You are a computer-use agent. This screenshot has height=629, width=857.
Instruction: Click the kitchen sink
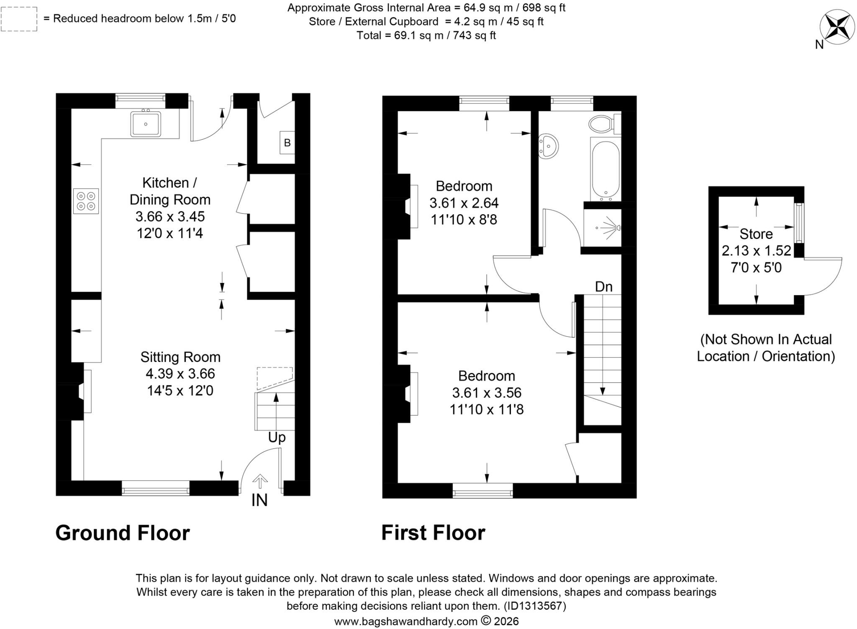click(146, 123)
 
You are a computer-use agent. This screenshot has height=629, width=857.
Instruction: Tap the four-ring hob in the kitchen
click(86, 201)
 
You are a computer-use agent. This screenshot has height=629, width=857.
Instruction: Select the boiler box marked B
click(287, 143)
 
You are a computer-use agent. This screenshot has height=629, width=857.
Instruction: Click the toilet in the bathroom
click(604, 123)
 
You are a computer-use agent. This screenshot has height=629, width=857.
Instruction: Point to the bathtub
click(606, 169)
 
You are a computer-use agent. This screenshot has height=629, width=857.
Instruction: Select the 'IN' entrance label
click(259, 500)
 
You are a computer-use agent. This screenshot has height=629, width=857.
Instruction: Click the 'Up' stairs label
click(277, 438)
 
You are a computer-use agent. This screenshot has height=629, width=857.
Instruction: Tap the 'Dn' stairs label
click(603, 287)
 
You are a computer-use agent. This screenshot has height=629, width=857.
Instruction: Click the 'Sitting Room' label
click(180, 357)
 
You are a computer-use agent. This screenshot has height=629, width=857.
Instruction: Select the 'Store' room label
click(756, 234)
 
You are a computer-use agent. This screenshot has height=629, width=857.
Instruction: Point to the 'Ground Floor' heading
click(123, 533)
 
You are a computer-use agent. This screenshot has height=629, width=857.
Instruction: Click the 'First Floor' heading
click(433, 533)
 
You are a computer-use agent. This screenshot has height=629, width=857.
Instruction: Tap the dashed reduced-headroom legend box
click(19, 19)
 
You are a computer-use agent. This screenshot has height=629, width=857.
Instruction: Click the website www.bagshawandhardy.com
click(405, 621)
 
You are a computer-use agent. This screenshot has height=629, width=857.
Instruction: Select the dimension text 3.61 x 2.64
click(464, 203)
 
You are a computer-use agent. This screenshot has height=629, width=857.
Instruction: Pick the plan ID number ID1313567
click(535, 606)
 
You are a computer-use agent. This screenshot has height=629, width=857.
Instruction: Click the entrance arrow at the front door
click(260, 481)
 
